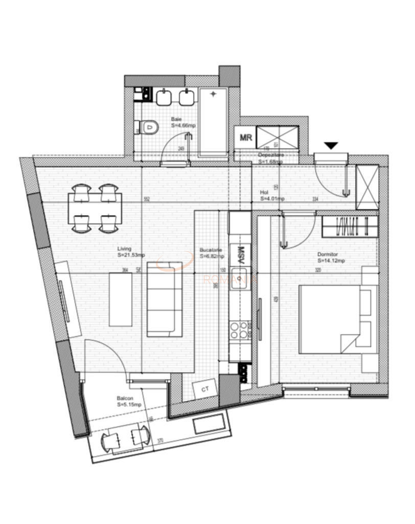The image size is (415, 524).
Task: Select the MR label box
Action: [x=245, y=138]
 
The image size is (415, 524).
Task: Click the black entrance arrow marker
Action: [x=331, y=146]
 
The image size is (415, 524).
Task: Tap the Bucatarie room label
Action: [x=211, y=253]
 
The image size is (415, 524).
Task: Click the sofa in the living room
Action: [x=165, y=298]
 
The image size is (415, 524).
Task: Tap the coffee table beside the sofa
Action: [x=121, y=299]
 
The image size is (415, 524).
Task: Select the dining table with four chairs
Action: [x=95, y=208]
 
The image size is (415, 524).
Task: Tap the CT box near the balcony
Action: [x=205, y=389]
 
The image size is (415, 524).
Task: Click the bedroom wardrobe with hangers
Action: [x=350, y=226]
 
